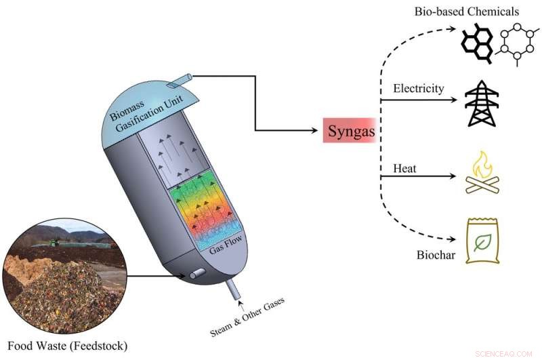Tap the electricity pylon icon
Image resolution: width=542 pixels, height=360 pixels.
(480, 104)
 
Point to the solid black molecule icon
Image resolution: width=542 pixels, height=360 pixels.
(477, 44)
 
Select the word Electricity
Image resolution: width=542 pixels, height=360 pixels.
(418, 89)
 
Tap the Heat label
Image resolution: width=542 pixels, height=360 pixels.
(404, 167)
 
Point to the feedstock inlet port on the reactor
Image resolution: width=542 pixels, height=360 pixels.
(199, 273)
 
